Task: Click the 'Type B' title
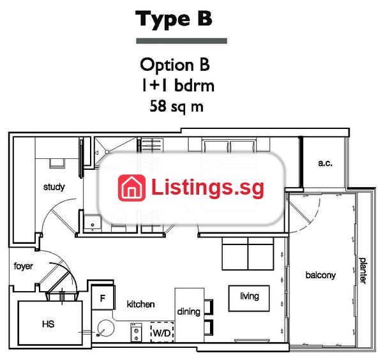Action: [x=174, y=19]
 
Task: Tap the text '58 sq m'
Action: [x=177, y=107]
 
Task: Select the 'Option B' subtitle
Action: [x=175, y=65]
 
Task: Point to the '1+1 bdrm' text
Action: [x=178, y=86]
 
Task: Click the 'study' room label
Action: [x=54, y=187]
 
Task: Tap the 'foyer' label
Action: [x=23, y=266]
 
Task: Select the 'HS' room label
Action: [x=48, y=324]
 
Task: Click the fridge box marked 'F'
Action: [x=103, y=298]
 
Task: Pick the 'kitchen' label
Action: [x=140, y=304]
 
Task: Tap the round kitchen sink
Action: [x=105, y=328]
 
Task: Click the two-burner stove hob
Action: [x=136, y=332]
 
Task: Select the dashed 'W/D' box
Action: [x=162, y=333]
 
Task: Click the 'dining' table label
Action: [x=188, y=312]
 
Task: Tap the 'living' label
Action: [x=250, y=296]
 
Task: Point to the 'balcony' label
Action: [x=320, y=275]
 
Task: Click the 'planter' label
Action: [x=363, y=271]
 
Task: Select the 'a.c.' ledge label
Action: [x=325, y=163]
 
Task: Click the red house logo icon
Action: [x=131, y=188]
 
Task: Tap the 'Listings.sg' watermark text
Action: [x=207, y=188]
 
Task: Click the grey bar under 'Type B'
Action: [x=181, y=41]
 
